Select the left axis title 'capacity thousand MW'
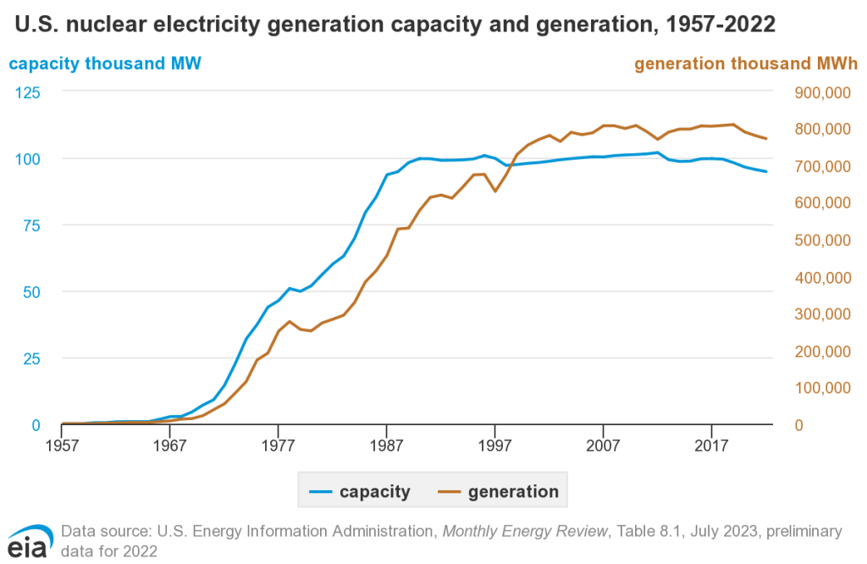(105, 64)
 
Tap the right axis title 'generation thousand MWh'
(746, 64)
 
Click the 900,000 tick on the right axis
(819, 91)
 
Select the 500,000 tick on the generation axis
(819, 240)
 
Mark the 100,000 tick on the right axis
(819, 388)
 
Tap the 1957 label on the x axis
(62, 445)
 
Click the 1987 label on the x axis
(387, 445)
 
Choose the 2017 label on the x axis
(711, 445)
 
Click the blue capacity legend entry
(360, 491)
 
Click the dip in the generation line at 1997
(495, 191)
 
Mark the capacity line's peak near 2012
(658, 152)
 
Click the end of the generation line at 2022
(766, 139)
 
